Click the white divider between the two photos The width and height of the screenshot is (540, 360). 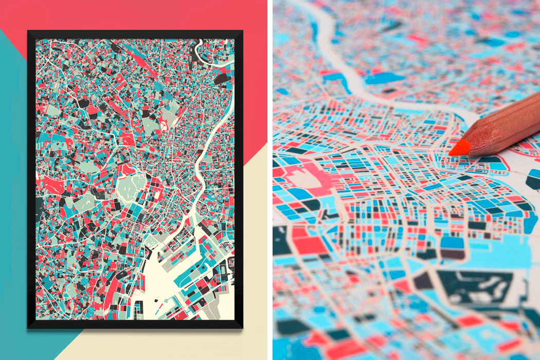[270, 180]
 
